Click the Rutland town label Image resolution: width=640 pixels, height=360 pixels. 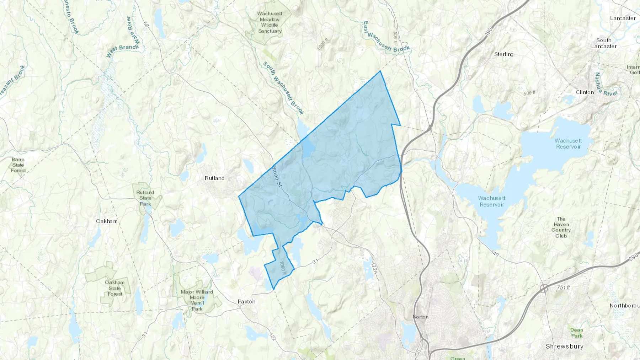(x=214, y=178)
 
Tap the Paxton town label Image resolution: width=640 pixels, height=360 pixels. (x=246, y=301)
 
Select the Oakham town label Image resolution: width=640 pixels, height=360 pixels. (x=107, y=221)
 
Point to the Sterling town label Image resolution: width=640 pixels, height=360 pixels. (x=504, y=54)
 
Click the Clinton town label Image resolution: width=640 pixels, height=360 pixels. (x=585, y=92)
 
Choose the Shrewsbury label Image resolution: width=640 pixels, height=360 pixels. (x=564, y=346)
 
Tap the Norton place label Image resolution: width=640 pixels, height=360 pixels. (x=421, y=317)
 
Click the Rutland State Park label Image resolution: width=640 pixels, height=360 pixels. (x=145, y=198)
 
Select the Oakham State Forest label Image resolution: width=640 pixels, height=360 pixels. (x=115, y=288)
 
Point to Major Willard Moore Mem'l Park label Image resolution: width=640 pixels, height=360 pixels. (x=197, y=300)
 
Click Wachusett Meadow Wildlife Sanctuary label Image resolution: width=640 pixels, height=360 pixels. (x=270, y=22)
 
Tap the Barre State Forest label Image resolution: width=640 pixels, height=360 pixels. (x=18, y=165)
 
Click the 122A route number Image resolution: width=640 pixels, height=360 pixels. (x=373, y=268)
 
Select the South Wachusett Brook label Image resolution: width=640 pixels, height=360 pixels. (x=283, y=88)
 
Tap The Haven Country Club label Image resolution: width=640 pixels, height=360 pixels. (x=561, y=227)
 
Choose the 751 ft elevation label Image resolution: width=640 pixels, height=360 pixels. (x=564, y=288)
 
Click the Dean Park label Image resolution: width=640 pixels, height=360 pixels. (x=577, y=333)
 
